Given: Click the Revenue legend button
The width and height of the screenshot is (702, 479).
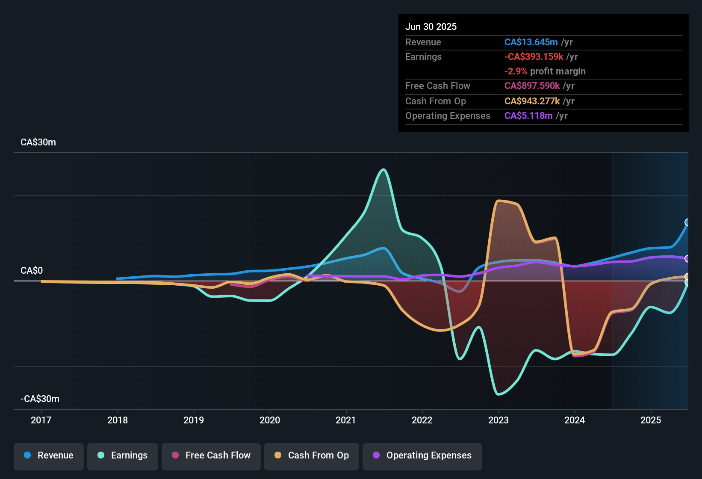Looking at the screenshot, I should click(49, 455).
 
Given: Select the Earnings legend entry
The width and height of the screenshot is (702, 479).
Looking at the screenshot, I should click(123, 455).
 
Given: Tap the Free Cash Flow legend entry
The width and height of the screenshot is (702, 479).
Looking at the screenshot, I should click(211, 455).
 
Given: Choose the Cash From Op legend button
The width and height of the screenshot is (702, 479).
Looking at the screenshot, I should click(312, 455).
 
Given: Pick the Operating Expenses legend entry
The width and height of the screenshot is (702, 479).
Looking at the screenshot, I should click(422, 455).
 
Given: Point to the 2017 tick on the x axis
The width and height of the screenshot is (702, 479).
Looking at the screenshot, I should click(41, 420).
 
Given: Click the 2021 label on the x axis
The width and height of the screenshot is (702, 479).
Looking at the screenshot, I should click(346, 420).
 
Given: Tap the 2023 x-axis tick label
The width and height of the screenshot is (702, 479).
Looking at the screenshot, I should click(498, 420).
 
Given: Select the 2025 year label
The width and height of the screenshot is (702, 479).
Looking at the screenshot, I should click(651, 420).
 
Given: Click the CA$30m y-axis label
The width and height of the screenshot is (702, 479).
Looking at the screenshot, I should click(38, 142).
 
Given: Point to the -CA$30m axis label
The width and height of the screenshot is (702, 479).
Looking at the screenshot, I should click(40, 399).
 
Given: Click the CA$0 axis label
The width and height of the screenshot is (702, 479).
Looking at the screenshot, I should click(32, 271).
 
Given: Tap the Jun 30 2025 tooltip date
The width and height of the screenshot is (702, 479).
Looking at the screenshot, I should click(431, 27).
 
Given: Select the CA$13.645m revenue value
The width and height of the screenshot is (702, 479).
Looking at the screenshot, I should click(531, 42).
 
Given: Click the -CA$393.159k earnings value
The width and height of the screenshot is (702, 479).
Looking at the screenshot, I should click(534, 56).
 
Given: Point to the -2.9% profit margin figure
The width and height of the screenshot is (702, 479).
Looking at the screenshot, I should click(516, 71).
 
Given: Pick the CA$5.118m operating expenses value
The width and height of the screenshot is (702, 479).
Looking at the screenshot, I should click(528, 115).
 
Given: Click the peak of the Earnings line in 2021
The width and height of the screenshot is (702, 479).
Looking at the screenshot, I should click(383, 170).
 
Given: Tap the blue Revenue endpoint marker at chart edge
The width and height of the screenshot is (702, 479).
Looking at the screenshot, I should click(687, 222).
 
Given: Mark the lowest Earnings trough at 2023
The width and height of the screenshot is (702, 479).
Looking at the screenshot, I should click(498, 394).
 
